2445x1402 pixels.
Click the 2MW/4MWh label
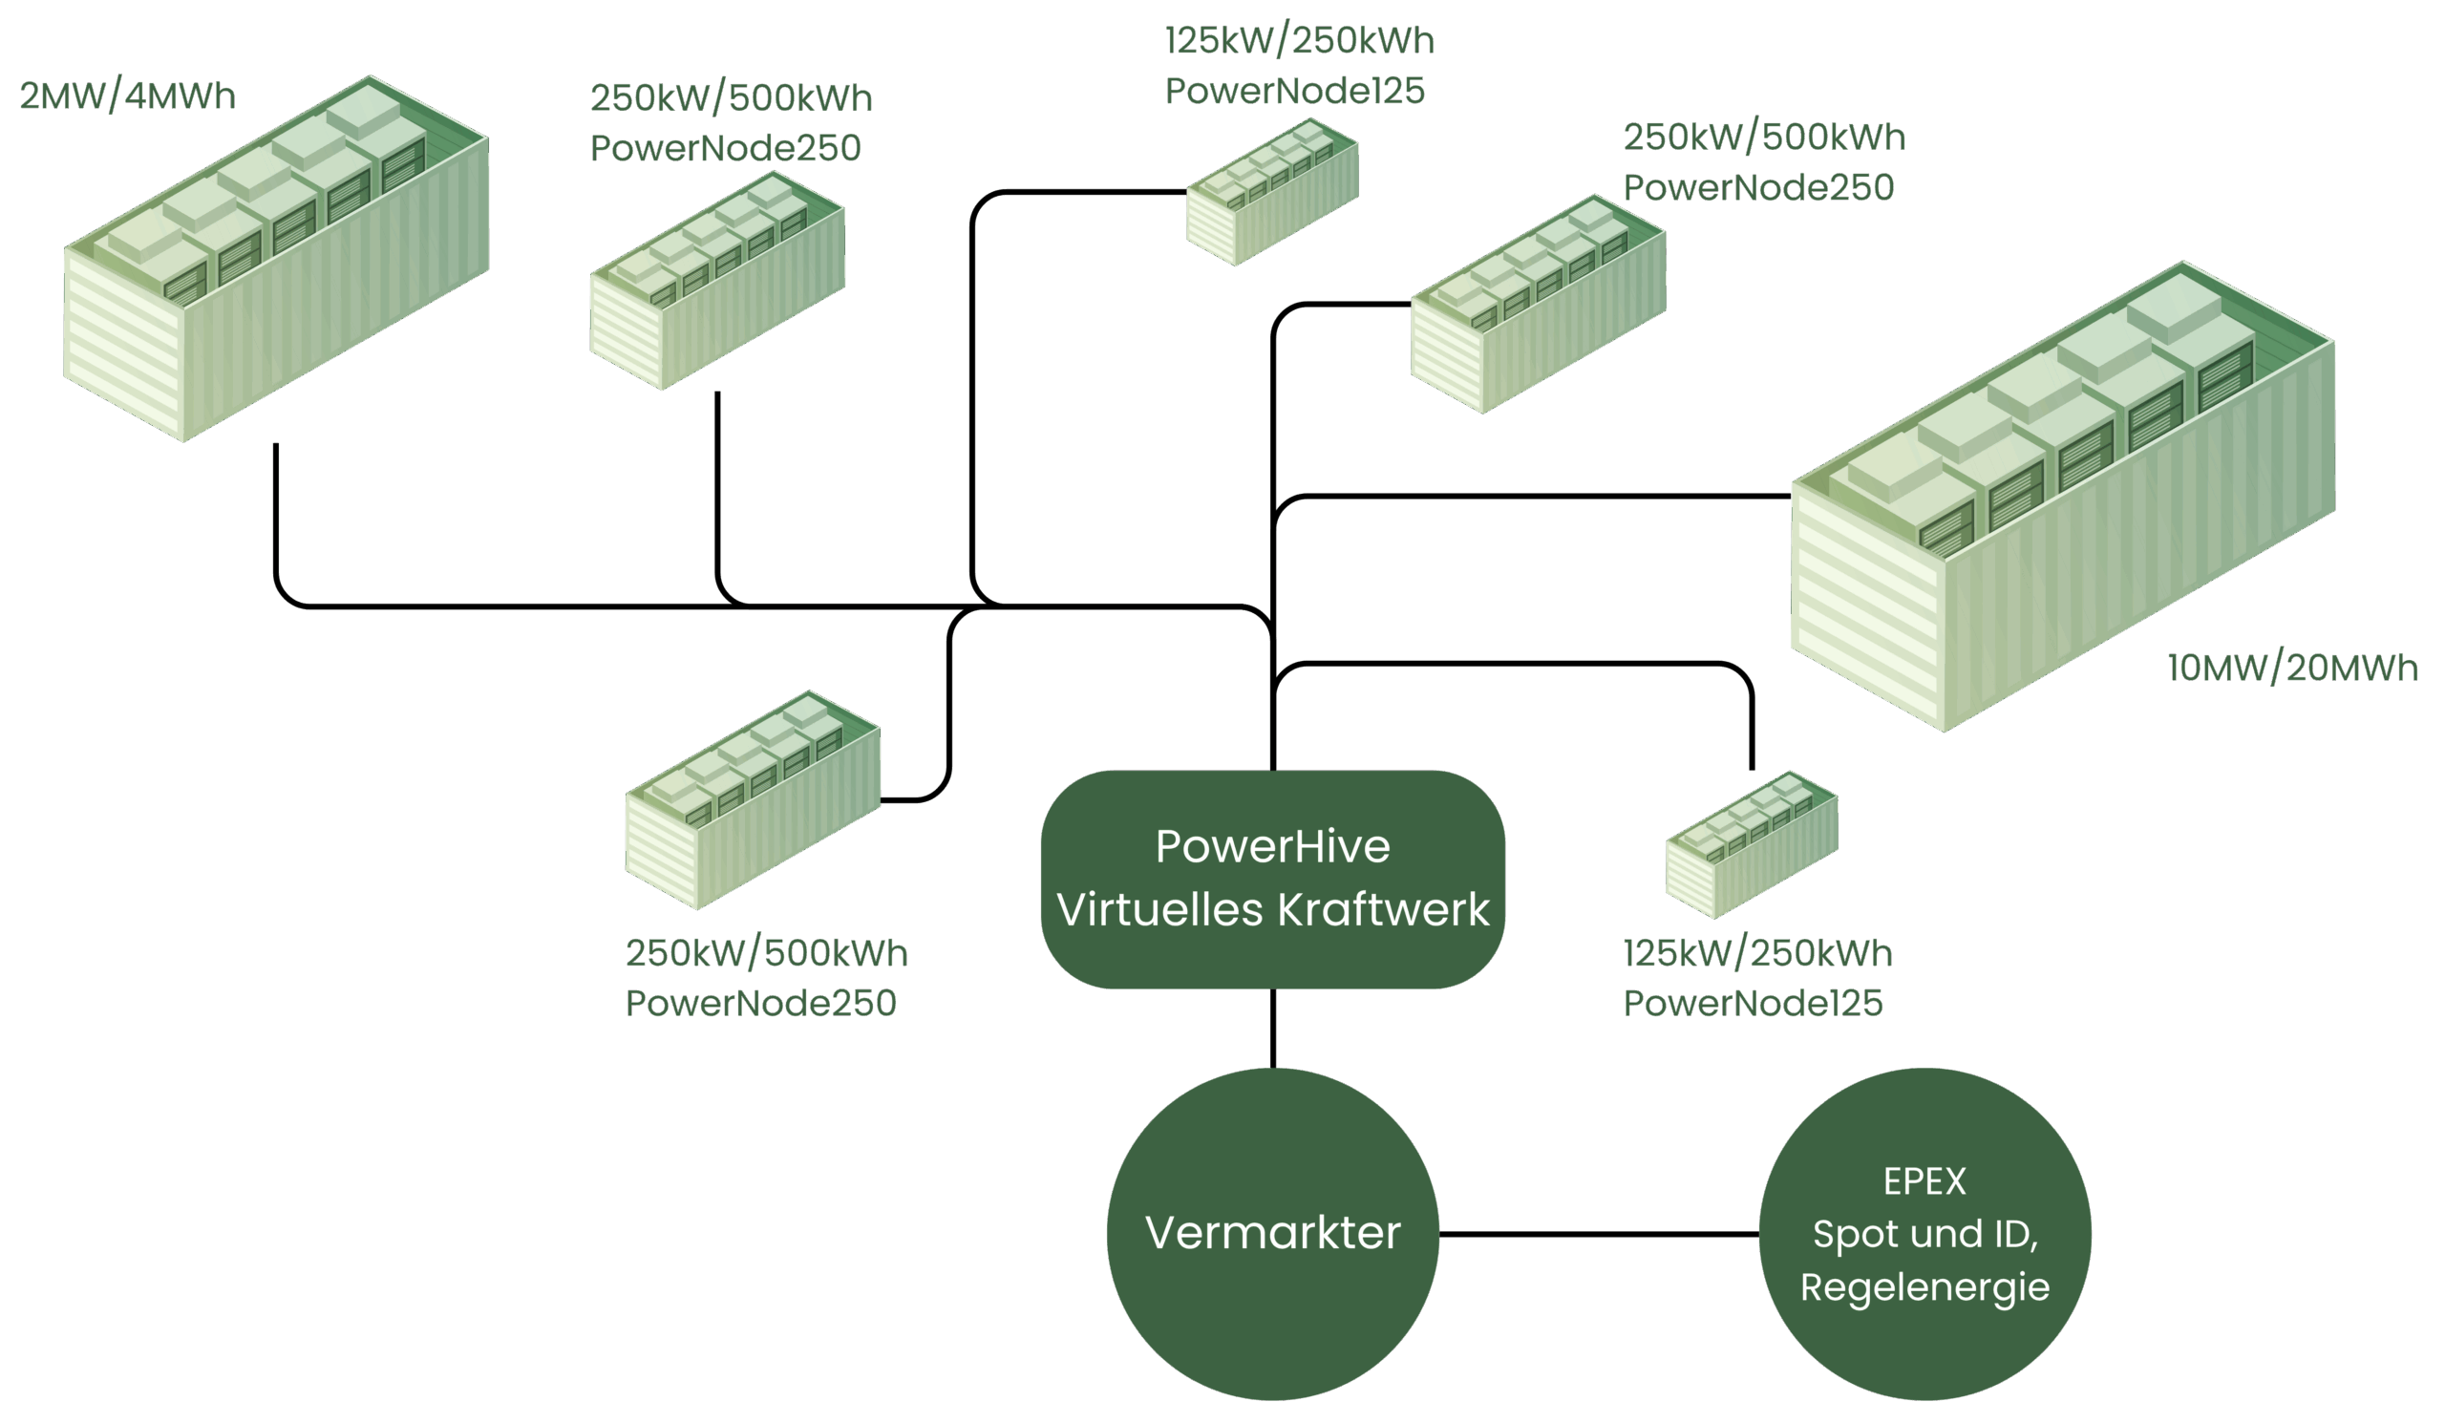pos(127,96)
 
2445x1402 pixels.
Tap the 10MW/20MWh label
pos(2291,669)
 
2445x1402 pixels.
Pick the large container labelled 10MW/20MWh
pos(2061,500)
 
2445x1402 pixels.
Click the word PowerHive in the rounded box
pos(1272,847)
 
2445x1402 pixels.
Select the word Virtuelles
pos(1159,910)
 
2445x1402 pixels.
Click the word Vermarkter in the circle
pos(1272,1234)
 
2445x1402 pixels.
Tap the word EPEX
pos(1924,1181)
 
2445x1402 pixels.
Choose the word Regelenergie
pos(1924,1287)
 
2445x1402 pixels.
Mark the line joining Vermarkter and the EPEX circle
pos(1599,1234)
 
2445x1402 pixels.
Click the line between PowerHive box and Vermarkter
pos(1273,1029)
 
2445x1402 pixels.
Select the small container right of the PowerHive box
pos(1751,844)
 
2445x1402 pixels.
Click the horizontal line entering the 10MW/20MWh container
pos(1541,497)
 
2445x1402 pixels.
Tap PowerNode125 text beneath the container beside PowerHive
pos(1753,1004)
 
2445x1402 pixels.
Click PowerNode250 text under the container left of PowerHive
pos(761,1004)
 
